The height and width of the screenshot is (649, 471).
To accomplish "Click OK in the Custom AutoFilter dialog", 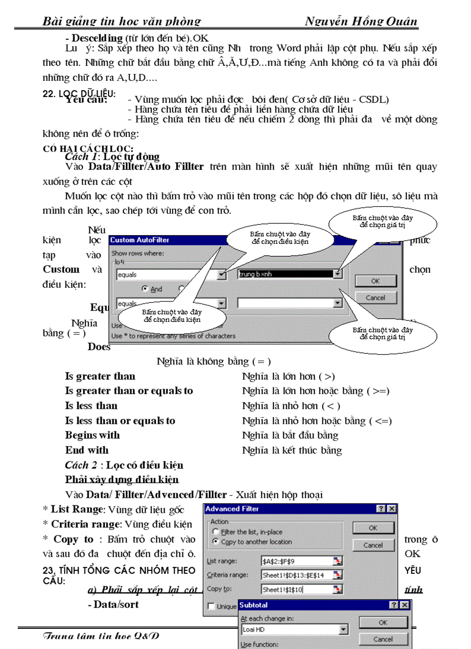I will coord(375,280).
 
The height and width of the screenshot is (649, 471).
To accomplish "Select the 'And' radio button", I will coord(146,289).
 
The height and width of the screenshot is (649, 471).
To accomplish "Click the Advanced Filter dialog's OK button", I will coord(373,528).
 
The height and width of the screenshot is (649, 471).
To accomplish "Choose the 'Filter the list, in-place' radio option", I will coord(216,532).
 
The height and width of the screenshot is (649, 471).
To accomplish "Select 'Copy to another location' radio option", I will coord(216,542).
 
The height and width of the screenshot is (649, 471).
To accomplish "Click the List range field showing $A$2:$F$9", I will coord(297,561).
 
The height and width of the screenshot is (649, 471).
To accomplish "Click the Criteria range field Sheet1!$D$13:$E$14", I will coord(297,575).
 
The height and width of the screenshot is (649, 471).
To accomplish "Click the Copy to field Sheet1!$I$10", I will coord(297,589).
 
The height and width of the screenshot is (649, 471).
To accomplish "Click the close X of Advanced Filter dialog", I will coord(392,509).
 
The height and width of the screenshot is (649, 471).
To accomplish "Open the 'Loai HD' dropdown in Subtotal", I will coord(343,629).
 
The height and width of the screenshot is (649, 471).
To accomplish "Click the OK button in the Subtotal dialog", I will coord(383,622).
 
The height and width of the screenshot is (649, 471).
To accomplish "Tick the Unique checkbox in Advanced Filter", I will coord(212,606).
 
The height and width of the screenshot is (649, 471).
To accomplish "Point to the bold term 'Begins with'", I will coord(92,435).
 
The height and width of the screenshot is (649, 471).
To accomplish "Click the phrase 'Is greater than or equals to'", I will coord(129,391).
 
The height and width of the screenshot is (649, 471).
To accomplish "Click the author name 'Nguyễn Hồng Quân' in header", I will coord(361,22).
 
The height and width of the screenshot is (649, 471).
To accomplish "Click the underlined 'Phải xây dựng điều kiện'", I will coord(122,480).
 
